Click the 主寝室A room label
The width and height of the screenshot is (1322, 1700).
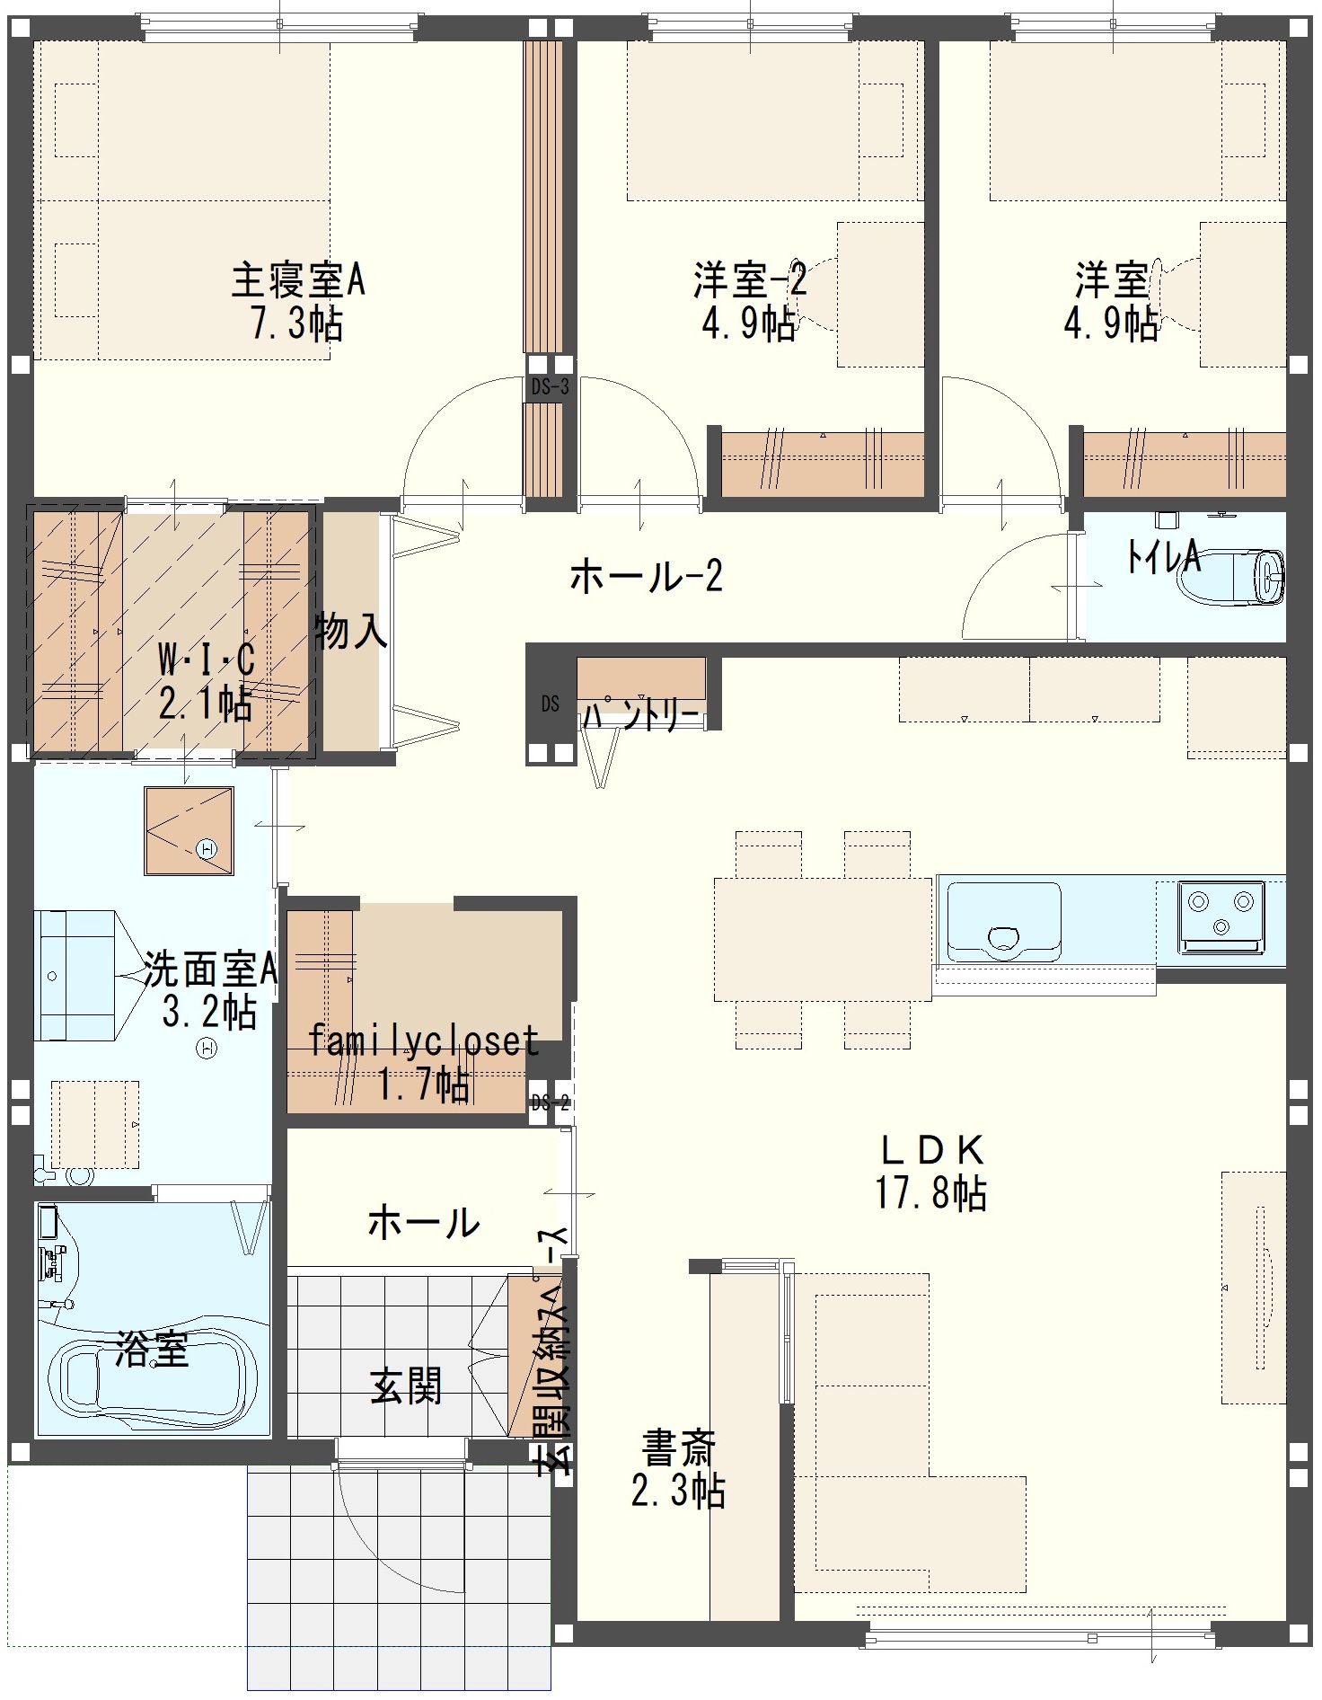(x=298, y=279)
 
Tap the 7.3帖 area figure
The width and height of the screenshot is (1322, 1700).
(x=297, y=323)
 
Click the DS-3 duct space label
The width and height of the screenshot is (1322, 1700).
(x=550, y=387)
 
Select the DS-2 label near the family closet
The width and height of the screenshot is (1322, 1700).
(x=550, y=1102)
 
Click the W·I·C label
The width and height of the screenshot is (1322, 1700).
(x=207, y=660)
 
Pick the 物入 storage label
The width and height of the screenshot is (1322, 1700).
(x=350, y=632)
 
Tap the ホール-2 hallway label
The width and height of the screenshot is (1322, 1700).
(x=647, y=576)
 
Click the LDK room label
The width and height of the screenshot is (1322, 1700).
(x=931, y=1150)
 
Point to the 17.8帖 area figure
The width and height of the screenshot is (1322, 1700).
(x=931, y=1193)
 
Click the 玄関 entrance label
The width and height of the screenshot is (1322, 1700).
(x=407, y=1386)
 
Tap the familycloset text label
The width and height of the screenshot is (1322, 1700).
(x=423, y=1041)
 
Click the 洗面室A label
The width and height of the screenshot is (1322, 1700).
(x=210, y=970)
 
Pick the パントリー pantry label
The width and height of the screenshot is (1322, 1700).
(x=640, y=714)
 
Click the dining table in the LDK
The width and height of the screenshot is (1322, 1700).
(x=823, y=939)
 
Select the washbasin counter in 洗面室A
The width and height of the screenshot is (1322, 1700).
(x=75, y=975)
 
